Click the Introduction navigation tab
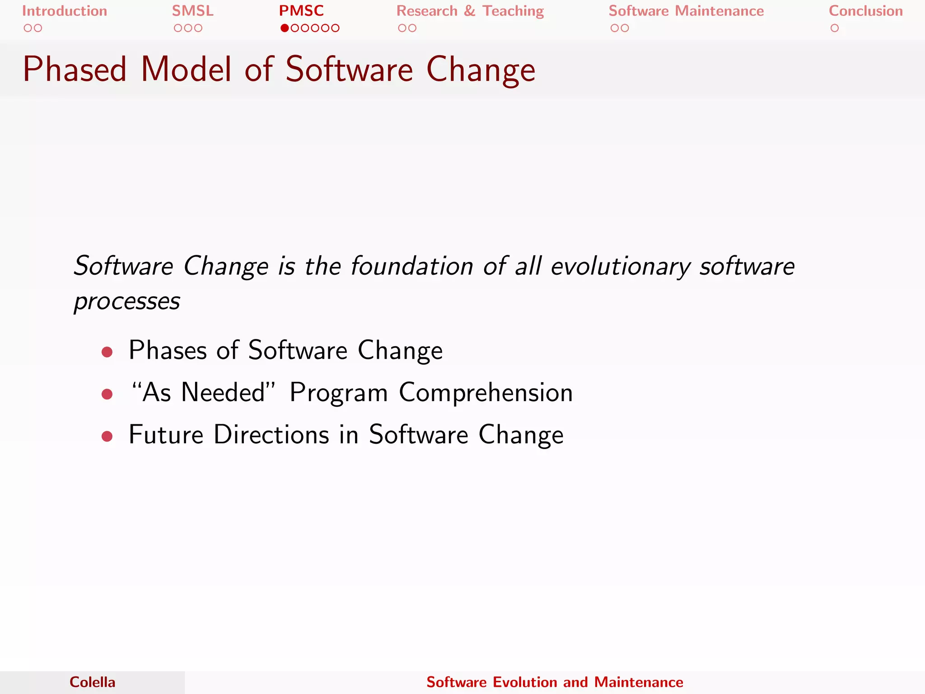click(65, 11)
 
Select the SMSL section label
click(193, 11)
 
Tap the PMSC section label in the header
click(301, 11)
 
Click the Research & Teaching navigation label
click(470, 11)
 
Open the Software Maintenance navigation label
click(686, 11)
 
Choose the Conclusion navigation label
click(865, 11)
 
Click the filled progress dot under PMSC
click(285, 28)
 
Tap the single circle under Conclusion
click(835, 28)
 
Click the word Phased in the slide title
click(75, 70)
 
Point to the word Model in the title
click(187, 70)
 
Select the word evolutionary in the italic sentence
click(621, 267)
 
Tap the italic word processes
click(127, 302)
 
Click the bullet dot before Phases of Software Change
click(107, 352)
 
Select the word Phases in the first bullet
click(168, 350)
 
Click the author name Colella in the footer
click(93, 682)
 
